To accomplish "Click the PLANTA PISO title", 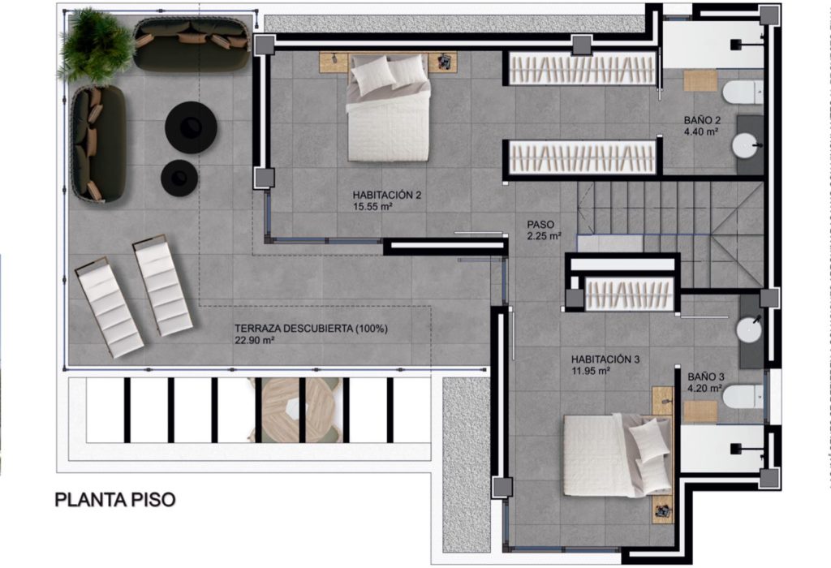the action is click(115, 500).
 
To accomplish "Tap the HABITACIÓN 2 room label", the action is click(387, 195).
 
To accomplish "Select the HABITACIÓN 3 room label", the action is click(605, 359).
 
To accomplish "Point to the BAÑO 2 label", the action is click(702, 120).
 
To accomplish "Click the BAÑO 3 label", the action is click(706, 377).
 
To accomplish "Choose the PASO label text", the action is click(540, 225).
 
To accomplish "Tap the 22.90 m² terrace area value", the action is click(254, 340).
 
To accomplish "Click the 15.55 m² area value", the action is click(372, 207).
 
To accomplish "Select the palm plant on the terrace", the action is click(96, 45).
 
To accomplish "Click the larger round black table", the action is click(191, 127).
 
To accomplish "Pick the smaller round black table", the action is click(179, 178).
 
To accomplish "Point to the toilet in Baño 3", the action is click(743, 397).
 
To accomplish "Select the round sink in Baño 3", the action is click(749, 330).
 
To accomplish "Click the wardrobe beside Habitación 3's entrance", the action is click(629, 293).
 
